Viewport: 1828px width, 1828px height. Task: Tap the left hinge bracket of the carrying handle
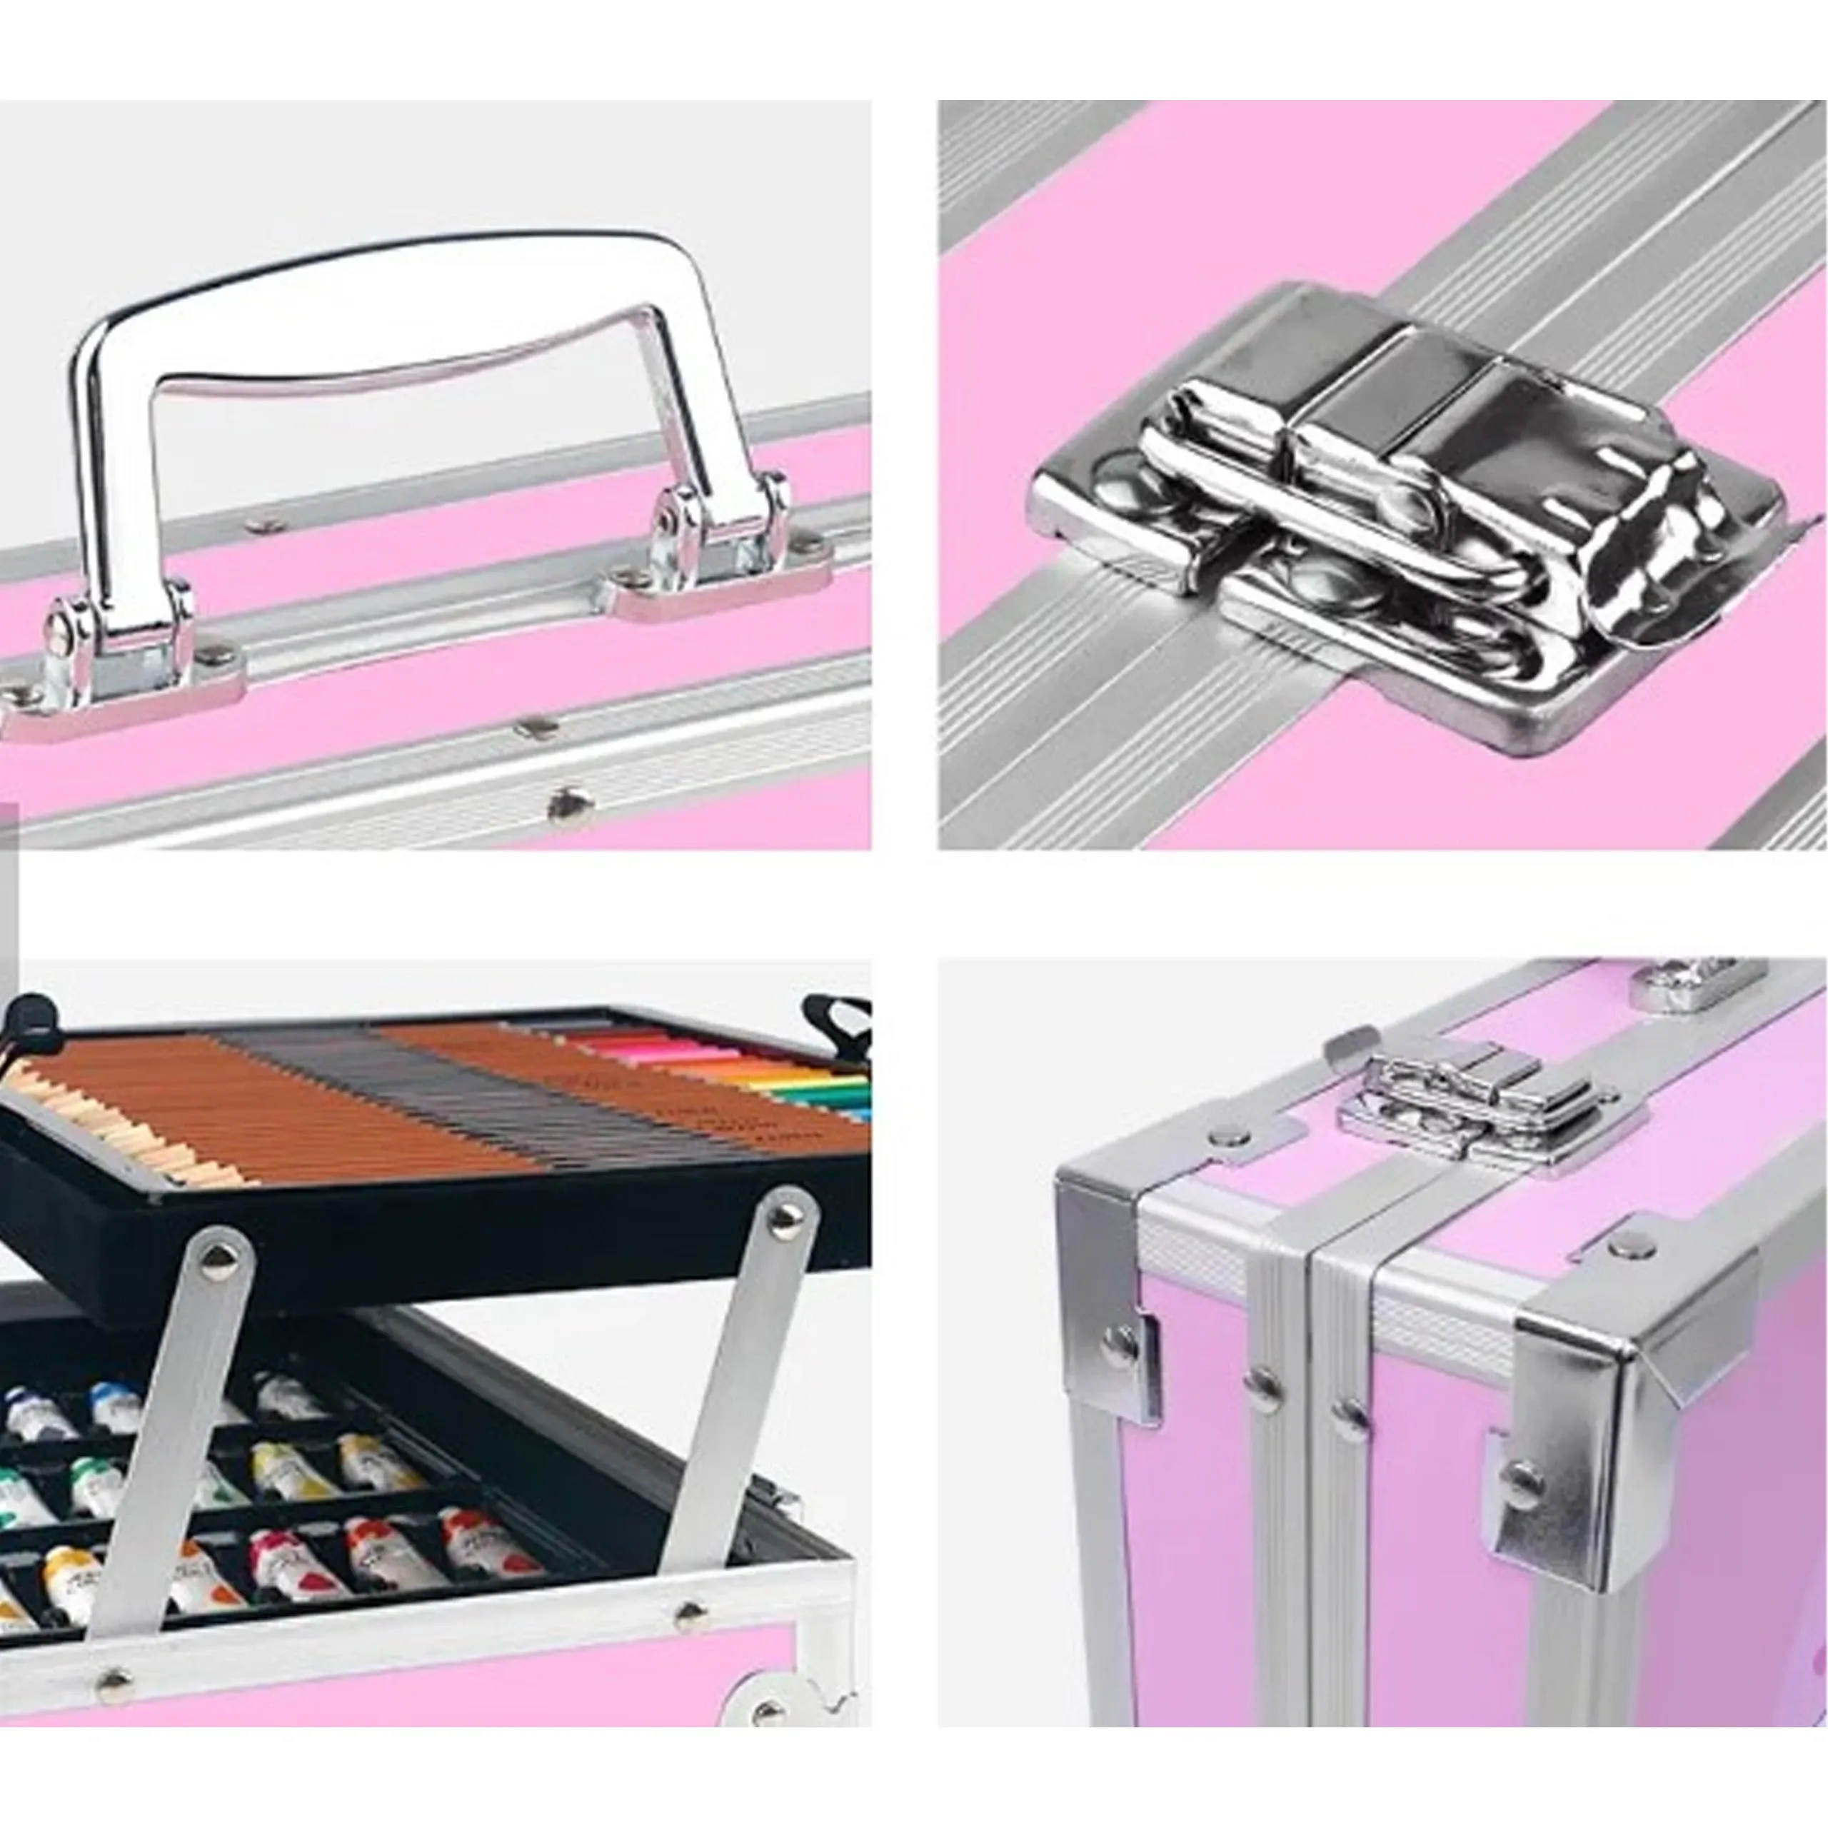123,643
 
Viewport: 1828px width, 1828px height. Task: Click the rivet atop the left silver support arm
219,1257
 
